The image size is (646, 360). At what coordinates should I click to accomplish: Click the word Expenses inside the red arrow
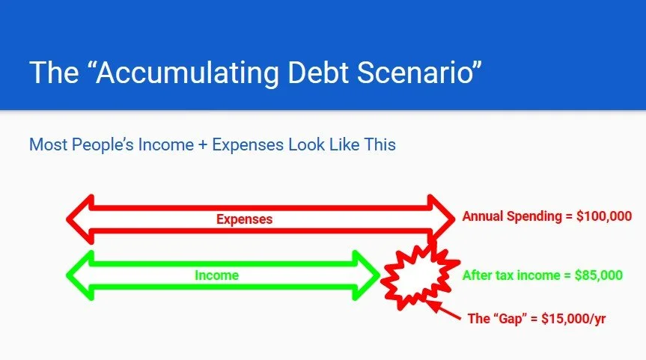click(x=244, y=219)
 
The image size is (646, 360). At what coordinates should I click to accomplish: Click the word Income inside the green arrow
click(x=216, y=275)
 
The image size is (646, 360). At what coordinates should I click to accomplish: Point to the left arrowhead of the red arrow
click(x=80, y=219)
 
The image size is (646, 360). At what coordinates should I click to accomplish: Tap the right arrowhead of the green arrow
click(x=367, y=275)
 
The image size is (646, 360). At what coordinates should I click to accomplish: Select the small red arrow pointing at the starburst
click(x=447, y=311)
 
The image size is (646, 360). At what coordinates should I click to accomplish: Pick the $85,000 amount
click(x=598, y=275)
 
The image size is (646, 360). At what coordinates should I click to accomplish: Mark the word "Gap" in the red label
click(x=511, y=318)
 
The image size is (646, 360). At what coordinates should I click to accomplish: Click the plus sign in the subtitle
click(x=202, y=144)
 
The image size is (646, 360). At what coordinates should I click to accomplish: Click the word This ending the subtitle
click(x=380, y=144)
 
